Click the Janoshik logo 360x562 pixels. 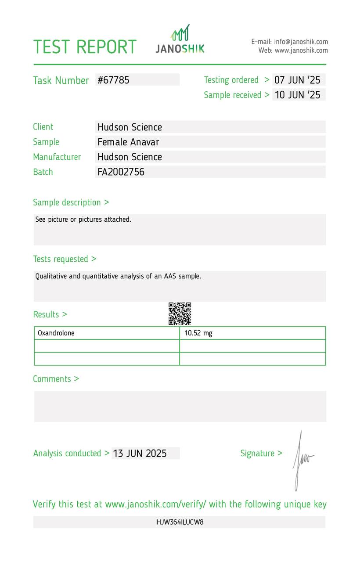tap(180, 40)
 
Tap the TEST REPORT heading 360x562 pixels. tap(85, 47)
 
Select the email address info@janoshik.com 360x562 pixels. tap(301, 42)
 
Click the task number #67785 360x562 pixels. tap(114, 80)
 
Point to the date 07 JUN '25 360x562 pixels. tap(297, 80)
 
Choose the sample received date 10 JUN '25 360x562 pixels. tap(297, 95)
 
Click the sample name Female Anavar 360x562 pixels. tap(128, 142)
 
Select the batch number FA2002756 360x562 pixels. tap(121, 172)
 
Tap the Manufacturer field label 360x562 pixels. tap(57, 157)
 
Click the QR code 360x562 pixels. tap(180, 313)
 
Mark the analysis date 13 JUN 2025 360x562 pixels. tap(140, 454)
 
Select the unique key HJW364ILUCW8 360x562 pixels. tap(180, 522)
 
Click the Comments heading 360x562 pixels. tap(56, 379)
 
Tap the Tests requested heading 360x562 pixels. tap(65, 259)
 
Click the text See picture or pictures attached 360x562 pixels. tap(83, 220)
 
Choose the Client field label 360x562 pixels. tap(43, 127)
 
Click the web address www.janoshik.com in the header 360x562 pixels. tap(301, 50)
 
